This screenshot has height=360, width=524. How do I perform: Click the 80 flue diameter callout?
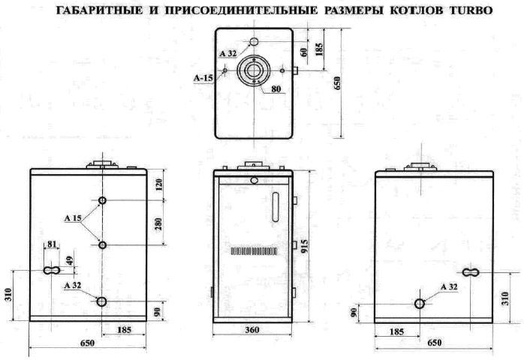point(276,89)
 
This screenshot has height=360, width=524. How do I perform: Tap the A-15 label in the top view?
point(203,78)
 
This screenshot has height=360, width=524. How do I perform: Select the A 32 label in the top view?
point(228,53)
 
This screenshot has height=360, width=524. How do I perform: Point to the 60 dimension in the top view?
point(304,52)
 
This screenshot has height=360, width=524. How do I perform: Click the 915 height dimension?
point(305,247)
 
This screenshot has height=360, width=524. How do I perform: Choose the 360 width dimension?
point(252,330)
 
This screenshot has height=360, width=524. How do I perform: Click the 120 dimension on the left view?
point(158,185)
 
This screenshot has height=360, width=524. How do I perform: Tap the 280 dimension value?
point(158,223)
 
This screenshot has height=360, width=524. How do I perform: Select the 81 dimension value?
point(52,244)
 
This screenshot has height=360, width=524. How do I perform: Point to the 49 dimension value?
point(70,260)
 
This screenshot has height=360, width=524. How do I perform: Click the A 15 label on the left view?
point(73,219)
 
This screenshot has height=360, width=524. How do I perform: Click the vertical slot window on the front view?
point(276,207)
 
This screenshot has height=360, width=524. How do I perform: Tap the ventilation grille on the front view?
point(254,251)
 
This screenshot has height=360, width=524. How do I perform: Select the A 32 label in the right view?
point(449,286)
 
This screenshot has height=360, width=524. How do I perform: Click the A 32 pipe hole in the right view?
point(420,304)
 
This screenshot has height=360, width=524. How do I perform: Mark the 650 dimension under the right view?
point(435,343)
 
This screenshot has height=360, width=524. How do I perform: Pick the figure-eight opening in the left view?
point(52,270)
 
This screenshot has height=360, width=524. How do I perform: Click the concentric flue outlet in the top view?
point(254,70)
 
